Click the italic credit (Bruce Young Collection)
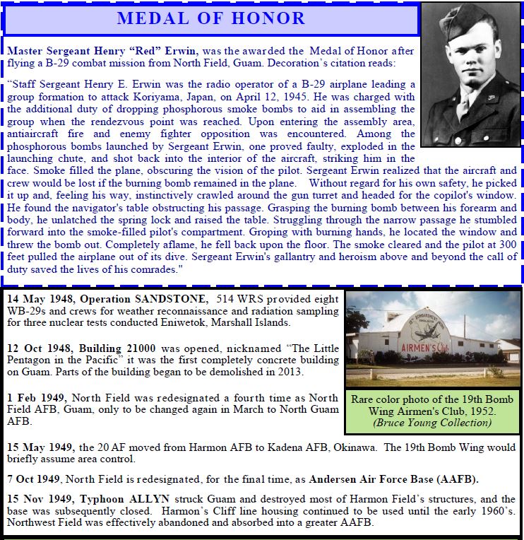click(x=432, y=423)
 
